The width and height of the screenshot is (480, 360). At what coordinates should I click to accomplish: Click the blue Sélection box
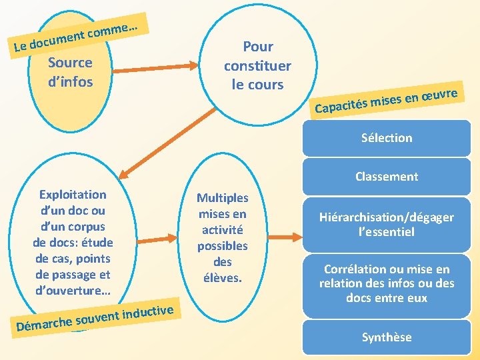pos(387,138)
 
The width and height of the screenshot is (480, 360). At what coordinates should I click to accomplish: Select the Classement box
pos(387,177)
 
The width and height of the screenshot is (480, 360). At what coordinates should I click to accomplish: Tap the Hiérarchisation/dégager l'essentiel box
pos(387,225)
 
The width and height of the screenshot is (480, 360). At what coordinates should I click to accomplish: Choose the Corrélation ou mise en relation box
pos(387,283)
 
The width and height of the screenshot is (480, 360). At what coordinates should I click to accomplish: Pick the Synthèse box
pos(387,337)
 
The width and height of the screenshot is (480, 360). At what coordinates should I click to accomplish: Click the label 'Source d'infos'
pos(70,72)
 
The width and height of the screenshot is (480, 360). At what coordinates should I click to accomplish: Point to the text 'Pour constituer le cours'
pos(257,65)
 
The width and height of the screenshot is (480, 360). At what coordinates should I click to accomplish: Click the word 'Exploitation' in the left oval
pos(73,195)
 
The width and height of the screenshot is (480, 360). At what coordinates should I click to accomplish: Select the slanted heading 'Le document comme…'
pos(77,37)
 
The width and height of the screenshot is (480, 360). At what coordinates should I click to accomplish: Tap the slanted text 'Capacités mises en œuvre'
pos(387,100)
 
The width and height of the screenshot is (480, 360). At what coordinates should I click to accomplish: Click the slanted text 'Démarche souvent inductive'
pos(96,316)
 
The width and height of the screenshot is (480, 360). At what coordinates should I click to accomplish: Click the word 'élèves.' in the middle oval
pos(222,277)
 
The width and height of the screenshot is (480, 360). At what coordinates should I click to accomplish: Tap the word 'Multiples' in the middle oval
pos(222,198)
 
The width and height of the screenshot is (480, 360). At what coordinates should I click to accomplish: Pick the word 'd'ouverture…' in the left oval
pos(73,291)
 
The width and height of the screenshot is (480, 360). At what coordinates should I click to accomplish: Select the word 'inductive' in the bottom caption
pos(149,310)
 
